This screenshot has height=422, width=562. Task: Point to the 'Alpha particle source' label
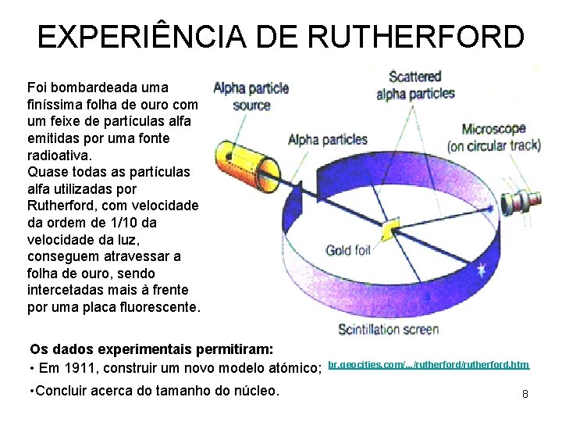coord(251,96)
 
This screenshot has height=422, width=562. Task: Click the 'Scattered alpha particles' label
coord(415,85)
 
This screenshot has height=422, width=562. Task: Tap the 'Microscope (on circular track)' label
coord(493,137)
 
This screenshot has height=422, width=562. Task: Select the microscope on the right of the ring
coord(521,200)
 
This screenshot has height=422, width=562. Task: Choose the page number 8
coord(525,395)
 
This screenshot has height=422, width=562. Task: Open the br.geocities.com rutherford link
coord(429,365)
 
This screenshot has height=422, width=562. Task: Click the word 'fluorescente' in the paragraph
coord(159,307)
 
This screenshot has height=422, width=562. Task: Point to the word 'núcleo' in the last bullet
coord(254,390)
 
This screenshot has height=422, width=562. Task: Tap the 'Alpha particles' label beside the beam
coord(328,140)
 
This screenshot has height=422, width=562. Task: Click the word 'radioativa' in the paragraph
coord(56,155)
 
